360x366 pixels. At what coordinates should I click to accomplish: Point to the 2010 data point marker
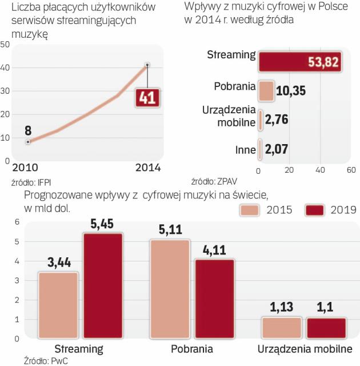[27, 141]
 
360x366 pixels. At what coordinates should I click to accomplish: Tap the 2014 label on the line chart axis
[147, 168]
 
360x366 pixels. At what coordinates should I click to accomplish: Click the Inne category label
[245, 150]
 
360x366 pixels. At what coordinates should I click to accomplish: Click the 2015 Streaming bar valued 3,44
[58, 305]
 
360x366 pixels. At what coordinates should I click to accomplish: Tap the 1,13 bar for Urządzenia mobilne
[281, 327]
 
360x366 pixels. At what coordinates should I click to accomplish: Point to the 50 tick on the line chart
[5, 45]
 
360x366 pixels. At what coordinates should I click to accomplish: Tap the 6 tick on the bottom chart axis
[17, 222]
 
